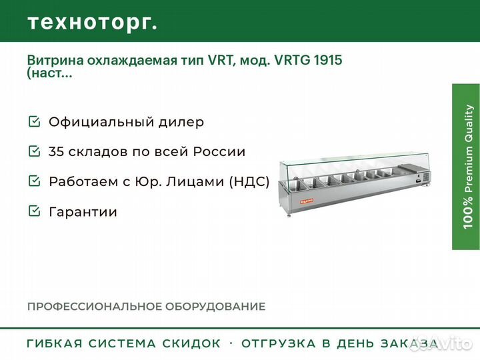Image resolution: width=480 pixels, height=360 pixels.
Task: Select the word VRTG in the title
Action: [x=292, y=60]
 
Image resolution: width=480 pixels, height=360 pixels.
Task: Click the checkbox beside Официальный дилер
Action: [x=34, y=121]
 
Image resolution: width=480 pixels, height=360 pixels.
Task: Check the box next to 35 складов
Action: [x=34, y=151]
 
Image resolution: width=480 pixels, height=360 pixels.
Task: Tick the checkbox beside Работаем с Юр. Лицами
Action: [x=34, y=181]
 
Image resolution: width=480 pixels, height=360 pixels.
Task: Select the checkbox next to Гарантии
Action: [x=34, y=211]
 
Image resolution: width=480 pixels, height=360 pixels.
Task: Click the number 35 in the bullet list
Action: [x=55, y=152]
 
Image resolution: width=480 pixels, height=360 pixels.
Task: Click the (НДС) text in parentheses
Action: [x=249, y=181]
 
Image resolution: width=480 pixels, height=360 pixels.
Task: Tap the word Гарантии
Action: [x=83, y=212]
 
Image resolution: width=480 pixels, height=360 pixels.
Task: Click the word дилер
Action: [x=181, y=122]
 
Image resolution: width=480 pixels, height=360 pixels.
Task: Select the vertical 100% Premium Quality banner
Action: [x=466, y=167]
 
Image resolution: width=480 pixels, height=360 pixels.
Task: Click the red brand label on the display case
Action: [x=307, y=201]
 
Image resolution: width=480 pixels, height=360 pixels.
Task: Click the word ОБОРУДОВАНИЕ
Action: [x=215, y=307]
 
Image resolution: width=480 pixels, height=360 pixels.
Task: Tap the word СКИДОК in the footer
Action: [x=191, y=343]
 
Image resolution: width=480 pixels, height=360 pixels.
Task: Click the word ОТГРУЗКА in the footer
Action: [x=278, y=343]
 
